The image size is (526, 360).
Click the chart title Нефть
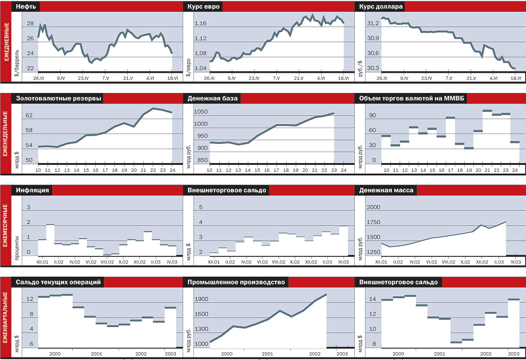point(27,7)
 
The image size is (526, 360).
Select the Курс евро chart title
point(203,7)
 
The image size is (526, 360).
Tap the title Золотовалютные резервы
point(59,98)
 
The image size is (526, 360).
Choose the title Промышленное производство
point(236,282)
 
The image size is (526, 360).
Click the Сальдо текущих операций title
point(58,282)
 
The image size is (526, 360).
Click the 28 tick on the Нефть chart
point(31,24)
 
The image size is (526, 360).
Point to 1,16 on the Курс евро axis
point(201,24)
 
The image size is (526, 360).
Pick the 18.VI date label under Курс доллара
point(516,78)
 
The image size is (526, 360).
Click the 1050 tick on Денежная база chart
point(201,112)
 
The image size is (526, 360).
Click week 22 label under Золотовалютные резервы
point(153,170)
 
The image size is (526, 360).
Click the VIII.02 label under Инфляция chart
point(107,262)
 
